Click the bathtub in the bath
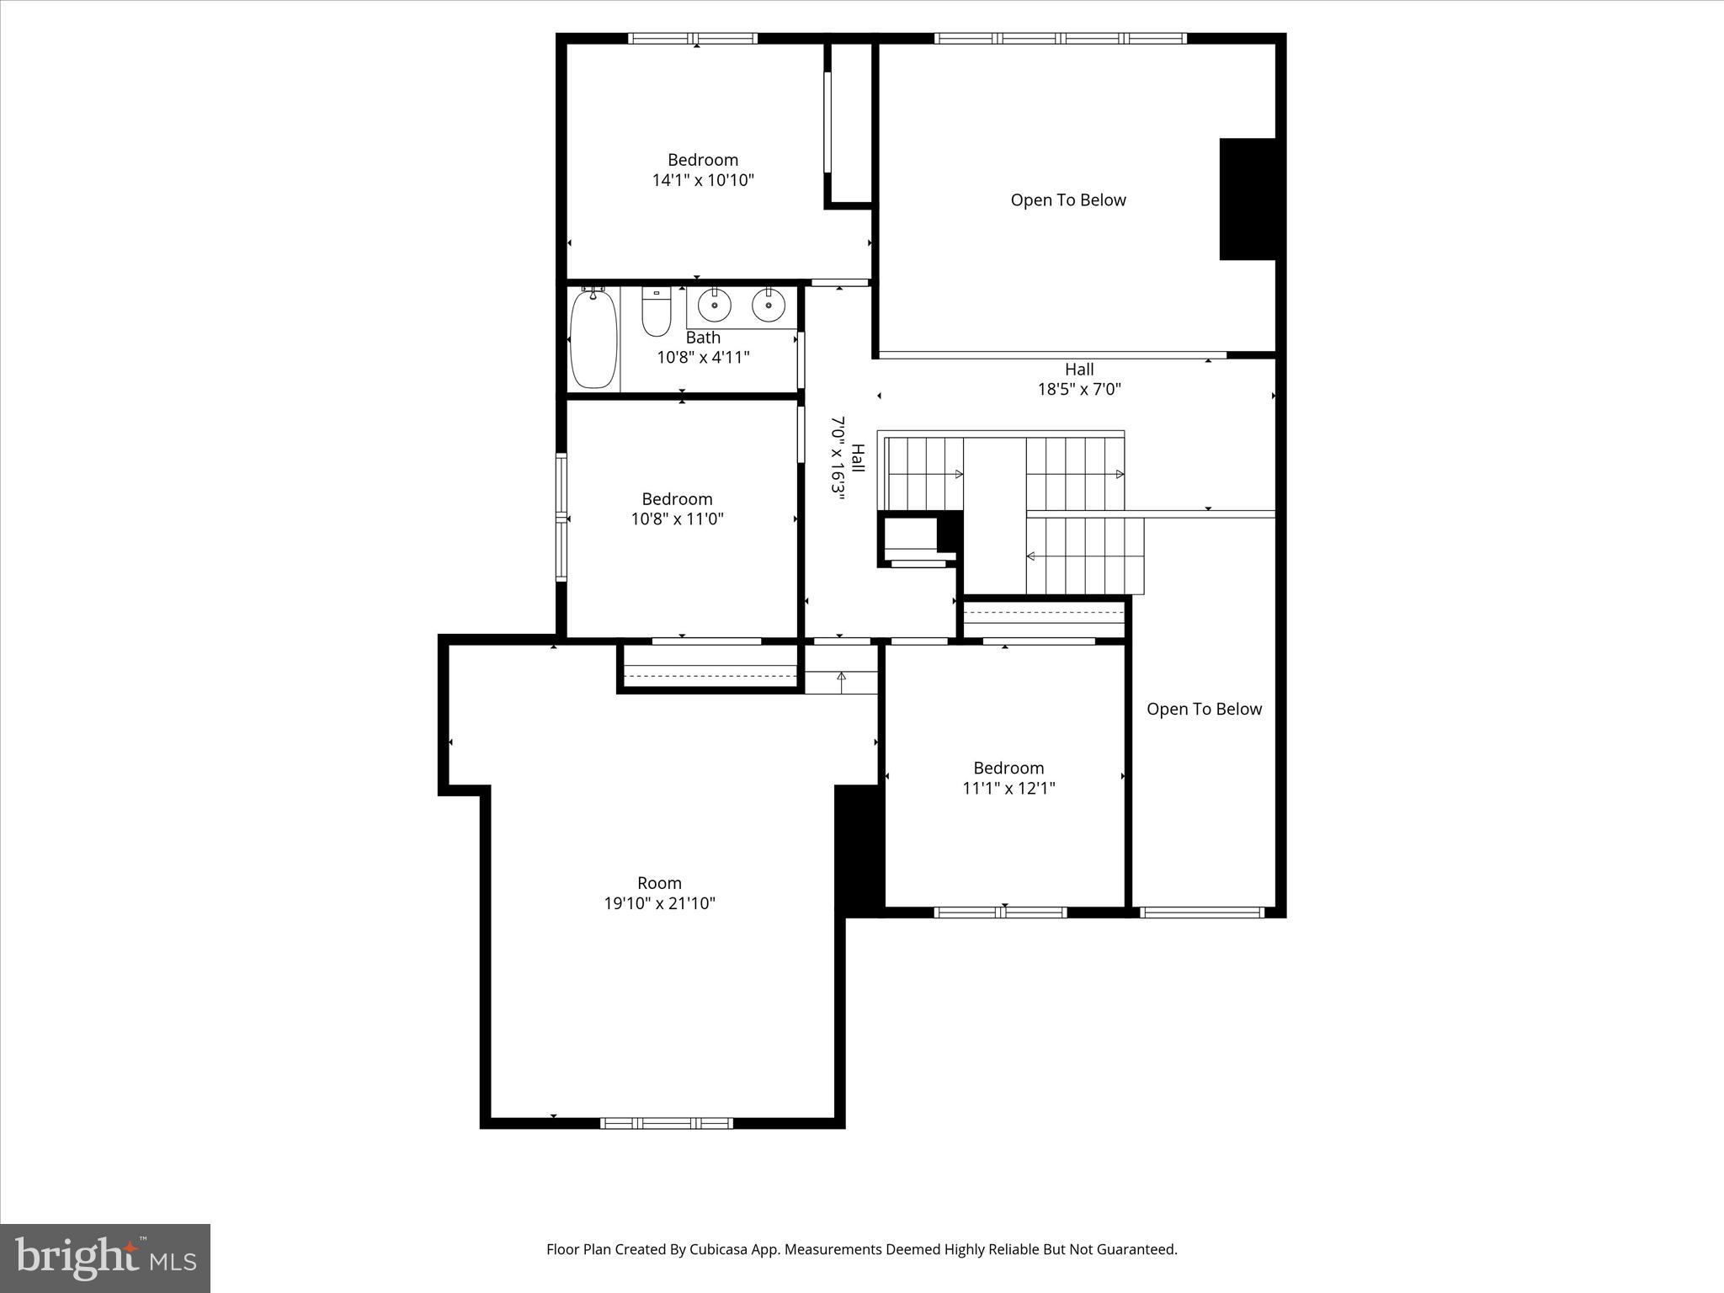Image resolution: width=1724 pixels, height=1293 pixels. click(593, 338)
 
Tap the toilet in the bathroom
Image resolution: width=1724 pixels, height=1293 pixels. click(656, 311)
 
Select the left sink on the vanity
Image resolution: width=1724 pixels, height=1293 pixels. click(715, 305)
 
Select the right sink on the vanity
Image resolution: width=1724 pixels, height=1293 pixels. click(768, 305)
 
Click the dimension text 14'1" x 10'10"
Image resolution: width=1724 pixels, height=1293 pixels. click(703, 180)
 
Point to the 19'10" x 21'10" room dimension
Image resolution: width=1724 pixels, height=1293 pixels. click(659, 903)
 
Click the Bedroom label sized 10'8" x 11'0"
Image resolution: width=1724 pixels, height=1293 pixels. click(677, 499)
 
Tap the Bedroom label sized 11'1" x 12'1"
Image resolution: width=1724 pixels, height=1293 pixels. click(1008, 768)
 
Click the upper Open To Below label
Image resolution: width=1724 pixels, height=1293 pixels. click(1068, 200)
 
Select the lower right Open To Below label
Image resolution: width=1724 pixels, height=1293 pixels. click(1204, 710)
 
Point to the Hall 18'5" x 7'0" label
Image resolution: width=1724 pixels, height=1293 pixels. click(1079, 379)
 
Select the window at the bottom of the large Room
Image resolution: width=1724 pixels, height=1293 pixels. click(667, 1123)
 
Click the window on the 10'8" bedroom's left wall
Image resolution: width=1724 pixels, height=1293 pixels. click(561, 517)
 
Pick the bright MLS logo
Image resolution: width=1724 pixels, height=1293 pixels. click(105, 1258)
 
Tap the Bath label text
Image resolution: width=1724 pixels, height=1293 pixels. click(703, 338)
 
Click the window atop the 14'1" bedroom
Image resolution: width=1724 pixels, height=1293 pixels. click(693, 39)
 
